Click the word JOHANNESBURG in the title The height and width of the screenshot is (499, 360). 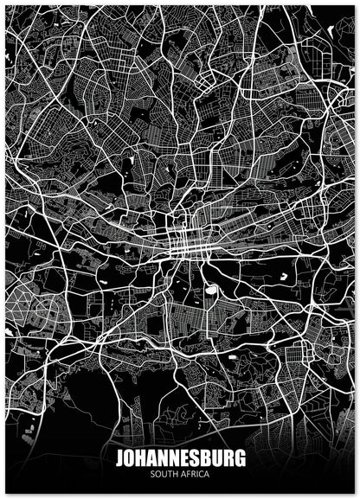point(180,457)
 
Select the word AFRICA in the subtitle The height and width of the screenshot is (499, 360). point(196,473)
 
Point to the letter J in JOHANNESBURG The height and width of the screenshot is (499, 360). point(119,457)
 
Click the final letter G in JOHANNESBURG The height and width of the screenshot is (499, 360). point(240,457)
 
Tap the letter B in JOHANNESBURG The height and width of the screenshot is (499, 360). point(206,457)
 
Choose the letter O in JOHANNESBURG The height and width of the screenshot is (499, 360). point(129,457)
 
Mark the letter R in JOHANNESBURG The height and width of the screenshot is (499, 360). point(228,457)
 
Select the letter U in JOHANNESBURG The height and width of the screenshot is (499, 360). point(217,457)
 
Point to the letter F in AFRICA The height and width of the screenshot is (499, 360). point(190,473)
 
